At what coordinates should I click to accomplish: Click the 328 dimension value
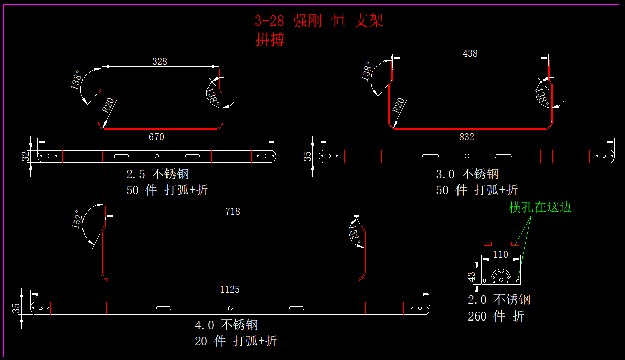(x=159, y=61)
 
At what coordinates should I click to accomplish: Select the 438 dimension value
(x=470, y=53)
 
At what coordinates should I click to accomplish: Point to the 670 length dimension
(x=156, y=137)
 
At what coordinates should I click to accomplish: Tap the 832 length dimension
(x=466, y=137)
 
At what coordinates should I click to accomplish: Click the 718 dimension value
(x=233, y=211)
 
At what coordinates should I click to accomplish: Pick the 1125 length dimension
(x=230, y=289)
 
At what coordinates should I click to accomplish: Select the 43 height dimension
(x=472, y=276)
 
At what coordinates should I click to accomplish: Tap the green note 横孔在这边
(x=540, y=207)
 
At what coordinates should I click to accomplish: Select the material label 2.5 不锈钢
(x=157, y=174)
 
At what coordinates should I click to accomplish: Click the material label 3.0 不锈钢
(x=467, y=174)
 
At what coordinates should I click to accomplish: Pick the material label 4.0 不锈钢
(x=227, y=325)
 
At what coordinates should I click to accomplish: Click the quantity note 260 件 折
(x=496, y=316)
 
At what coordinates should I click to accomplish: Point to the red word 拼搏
(x=270, y=39)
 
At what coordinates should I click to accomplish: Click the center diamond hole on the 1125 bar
(x=230, y=308)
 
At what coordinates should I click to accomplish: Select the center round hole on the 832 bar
(x=467, y=156)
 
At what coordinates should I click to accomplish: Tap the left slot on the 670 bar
(x=122, y=156)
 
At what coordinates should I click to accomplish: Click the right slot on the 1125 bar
(x=297, y=308)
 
